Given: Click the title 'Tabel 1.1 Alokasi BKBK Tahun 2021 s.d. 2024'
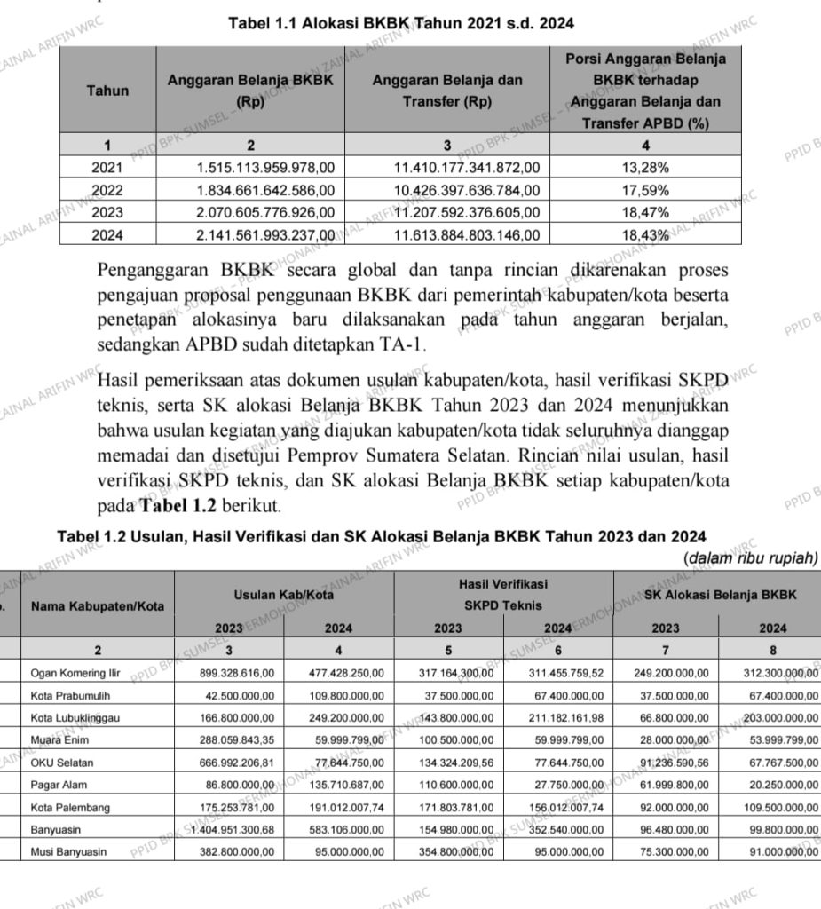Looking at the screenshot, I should tap(401, 22).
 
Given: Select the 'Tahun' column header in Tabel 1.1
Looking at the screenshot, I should tap(107, 90).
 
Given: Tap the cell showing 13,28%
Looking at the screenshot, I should tap(645, 167).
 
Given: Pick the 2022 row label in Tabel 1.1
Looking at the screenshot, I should tap(107, 190).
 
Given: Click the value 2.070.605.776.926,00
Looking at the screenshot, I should tap(265, 213).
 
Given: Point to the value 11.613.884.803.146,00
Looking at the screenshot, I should tap(466, 235).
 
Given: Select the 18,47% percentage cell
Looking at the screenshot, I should tap(645, 213).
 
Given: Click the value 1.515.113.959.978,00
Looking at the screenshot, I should tap(265, 167).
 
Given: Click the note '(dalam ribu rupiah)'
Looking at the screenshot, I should tap(751, 558).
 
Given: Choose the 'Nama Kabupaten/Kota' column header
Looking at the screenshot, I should tap(97, 606).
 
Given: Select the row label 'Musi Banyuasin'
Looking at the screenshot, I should tap(68, 851).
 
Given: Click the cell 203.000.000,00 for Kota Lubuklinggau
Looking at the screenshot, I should tap(768, 717).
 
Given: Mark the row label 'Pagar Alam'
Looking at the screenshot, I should tap(59, 785).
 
